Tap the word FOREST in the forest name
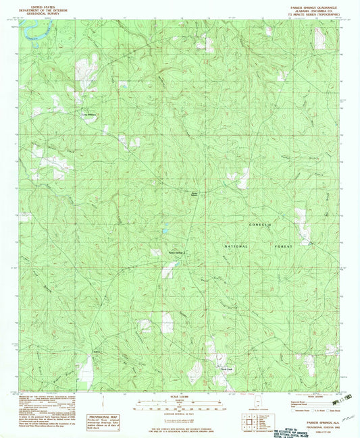pos(282,247)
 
